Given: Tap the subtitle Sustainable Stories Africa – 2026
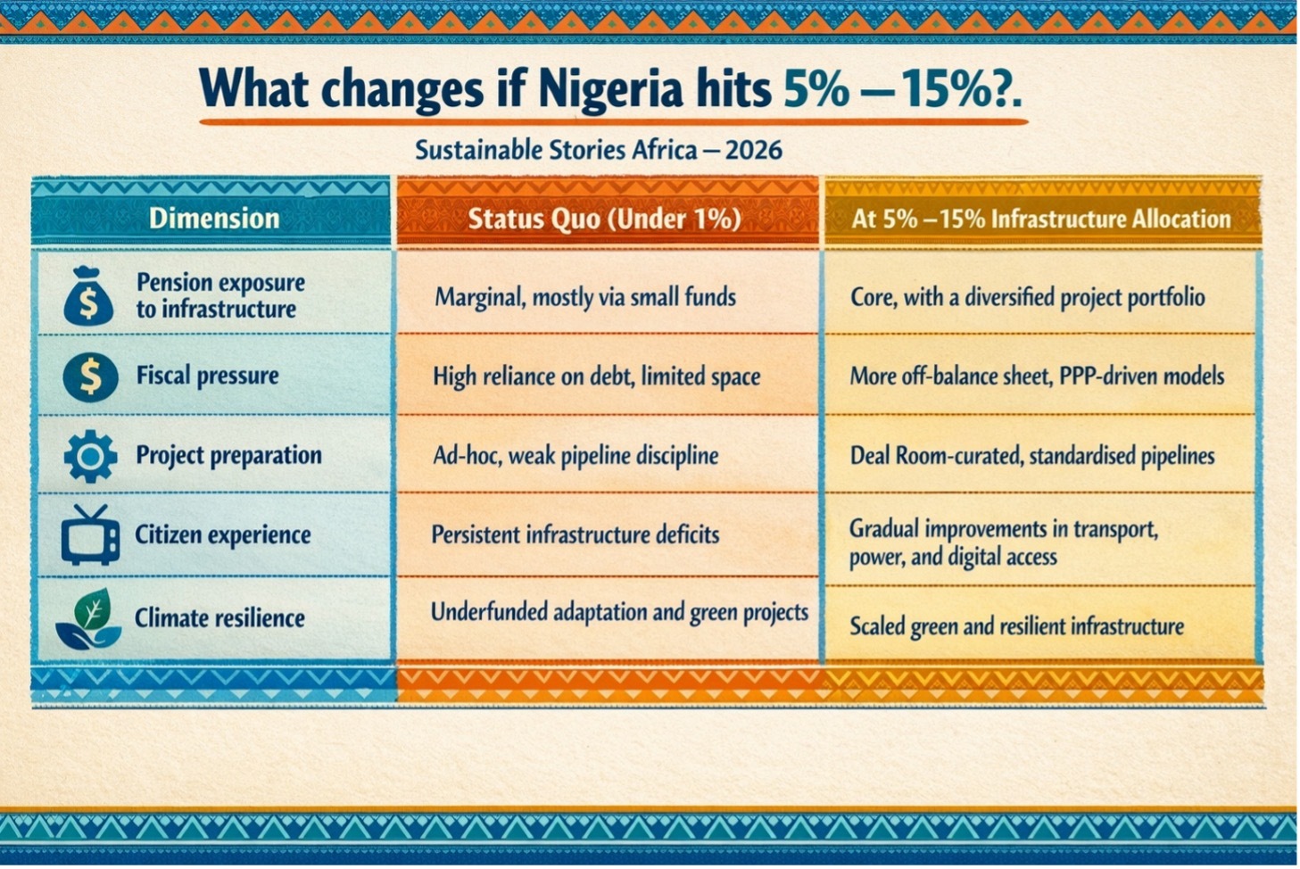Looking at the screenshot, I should click(x=598, y=149).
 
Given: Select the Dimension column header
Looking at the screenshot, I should click(x=214, y=219).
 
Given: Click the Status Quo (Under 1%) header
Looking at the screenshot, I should click(x=604, y=219).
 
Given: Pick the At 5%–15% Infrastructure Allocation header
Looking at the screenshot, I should click(x=1040, y=219).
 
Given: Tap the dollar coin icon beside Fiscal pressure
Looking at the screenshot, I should click(x=90, y=376).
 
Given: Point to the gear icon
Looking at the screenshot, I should click(x=90, y=456).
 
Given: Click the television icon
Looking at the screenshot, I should click(x=90, y=534).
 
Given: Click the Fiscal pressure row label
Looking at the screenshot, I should click(x=207, y=376).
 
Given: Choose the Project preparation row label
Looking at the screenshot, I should click(x=228, y=455).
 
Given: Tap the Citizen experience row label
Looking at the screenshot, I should click(x=222, y=534).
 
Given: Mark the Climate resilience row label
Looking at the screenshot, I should click(x=219, y=617).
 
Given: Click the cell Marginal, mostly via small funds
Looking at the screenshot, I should click(x=585, y=297).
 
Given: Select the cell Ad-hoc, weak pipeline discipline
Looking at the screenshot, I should click(x=575, y=456).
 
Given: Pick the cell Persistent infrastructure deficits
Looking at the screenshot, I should click(x=575, y=534).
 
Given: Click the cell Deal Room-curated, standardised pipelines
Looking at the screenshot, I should click(x=1031, y=456).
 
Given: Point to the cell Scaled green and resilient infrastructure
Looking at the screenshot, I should click(x=1016, y=626).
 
